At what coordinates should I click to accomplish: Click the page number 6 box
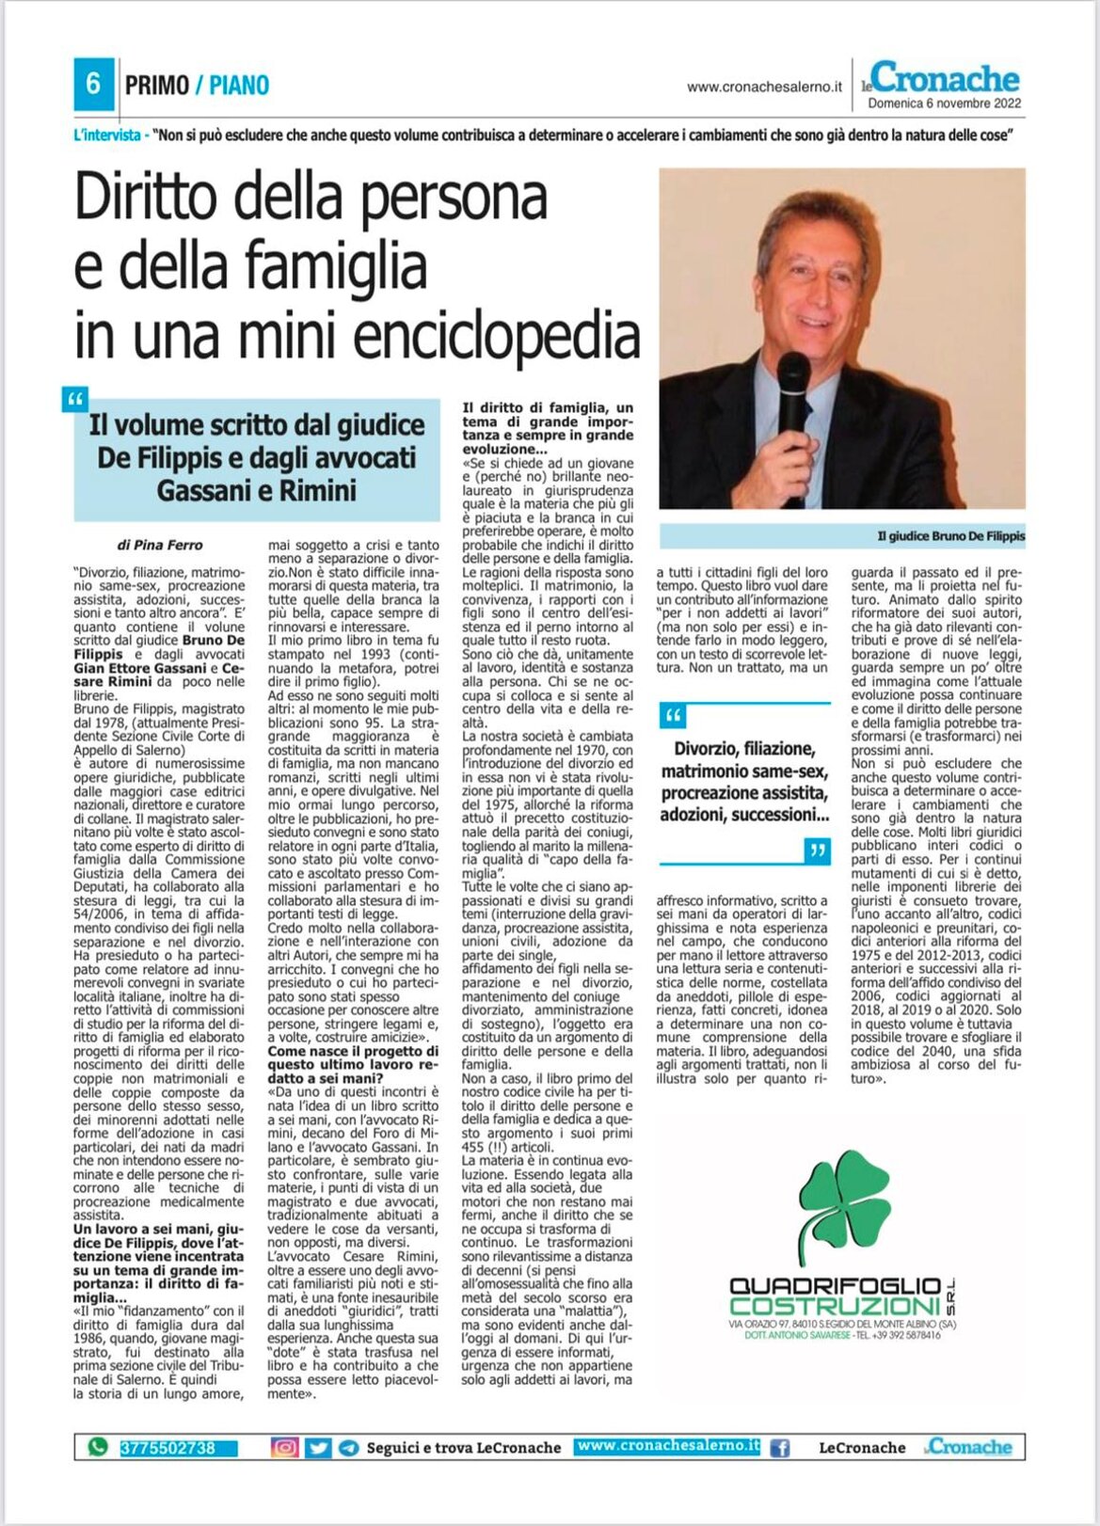pyautogui.click(x=93, y=84)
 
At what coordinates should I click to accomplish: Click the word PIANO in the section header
pyautogui.click(x=239, y=86)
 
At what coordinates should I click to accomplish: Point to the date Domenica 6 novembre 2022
pyautogui.click(x=944, y=103)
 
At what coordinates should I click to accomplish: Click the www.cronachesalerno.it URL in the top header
pyautogui.click(x=764, y=87)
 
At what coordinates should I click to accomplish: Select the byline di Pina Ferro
pyautogui.click(x=160, y=545)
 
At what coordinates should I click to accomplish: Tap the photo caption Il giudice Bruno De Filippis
pyautogui.click(x=950, y=536)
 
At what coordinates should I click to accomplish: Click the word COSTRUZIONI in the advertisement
pyautogui.click(x=834, y=1307)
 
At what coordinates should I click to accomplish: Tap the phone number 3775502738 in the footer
pyautogui.click(x=167, y=1448)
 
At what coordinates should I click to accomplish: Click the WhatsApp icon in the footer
pyautogui.click(x=97, y=1447)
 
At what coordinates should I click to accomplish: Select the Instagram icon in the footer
pyautogui.click(x=284, y=1448)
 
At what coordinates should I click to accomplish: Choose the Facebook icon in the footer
pyautogui.click(x=780, y=1448)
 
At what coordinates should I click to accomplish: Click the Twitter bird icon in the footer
pyautogui.click(x=318, y=1448)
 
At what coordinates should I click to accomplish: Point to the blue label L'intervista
pyautogui.click(x=107, y=135)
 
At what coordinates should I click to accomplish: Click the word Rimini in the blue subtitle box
pyautogui.click(x=322, y=490)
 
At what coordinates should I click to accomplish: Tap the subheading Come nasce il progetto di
pyautogui.click(x=353, y=1052)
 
